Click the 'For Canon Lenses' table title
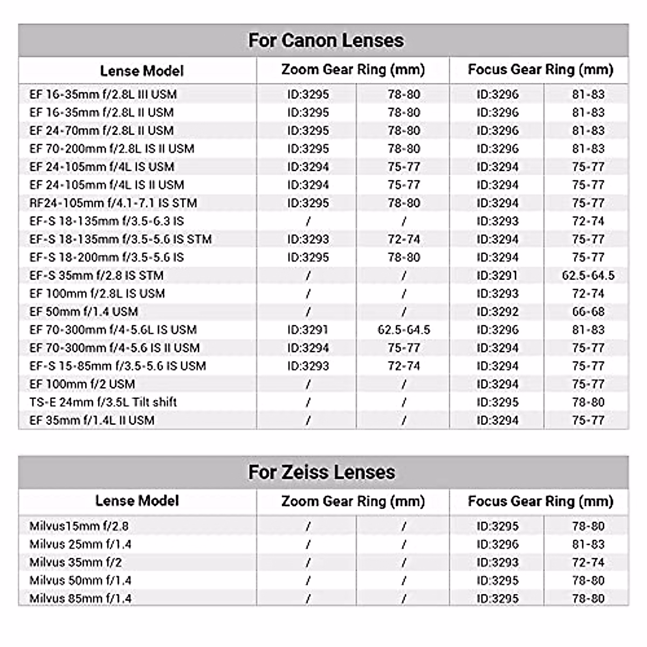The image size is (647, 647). (x=326, y=40)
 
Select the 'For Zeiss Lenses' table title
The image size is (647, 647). (x=321, y=472)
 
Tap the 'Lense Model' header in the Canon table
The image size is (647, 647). (x=142, y=71)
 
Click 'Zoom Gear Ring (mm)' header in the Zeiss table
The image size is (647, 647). (x=353, y=501)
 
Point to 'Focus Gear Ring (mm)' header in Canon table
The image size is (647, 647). (x=540, y=70)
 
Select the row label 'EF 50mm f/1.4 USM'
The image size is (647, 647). (x=84, y=312)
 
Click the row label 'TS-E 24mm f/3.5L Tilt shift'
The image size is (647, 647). (x=103, y=402)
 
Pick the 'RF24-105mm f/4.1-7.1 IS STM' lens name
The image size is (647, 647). (x=113, y=203)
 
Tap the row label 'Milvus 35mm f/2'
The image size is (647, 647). (x=75, y=562)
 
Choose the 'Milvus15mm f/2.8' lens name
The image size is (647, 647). (x=79, y=526)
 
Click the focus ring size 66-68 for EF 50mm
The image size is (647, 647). (x=588, y=312)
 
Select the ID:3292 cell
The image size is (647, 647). (x=497, y=312)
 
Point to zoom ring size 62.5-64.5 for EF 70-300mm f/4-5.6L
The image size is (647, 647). (x=404, y=330)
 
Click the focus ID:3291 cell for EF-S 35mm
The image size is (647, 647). (x=497, y=276)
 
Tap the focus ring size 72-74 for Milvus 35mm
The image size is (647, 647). (x=588, y=562)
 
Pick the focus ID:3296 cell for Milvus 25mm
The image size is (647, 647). (x=497, y=545)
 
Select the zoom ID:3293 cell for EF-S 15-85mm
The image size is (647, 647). (x=308, y=366)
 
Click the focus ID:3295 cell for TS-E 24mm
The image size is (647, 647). (x=497, y=402)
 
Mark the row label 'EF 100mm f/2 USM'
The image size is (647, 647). (x=82, y=384)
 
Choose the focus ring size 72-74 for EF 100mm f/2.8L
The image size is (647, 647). (x=588, y=294)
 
